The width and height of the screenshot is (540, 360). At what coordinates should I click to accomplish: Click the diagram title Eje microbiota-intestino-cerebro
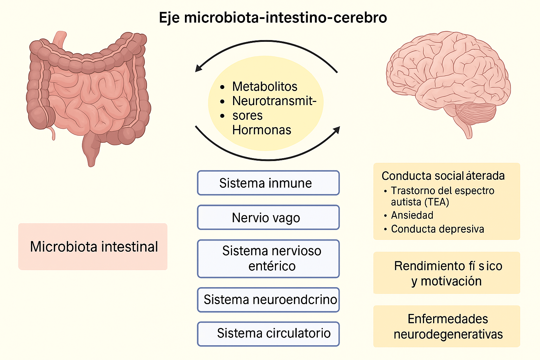273,18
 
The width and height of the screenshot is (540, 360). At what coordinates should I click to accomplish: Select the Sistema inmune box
268,183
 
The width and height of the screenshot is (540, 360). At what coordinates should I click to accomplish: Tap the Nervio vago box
268,218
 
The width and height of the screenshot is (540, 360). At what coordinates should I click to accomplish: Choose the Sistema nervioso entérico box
268,259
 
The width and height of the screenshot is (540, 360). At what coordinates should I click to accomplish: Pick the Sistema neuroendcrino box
268,300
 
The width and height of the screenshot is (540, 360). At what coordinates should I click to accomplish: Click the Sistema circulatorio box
268,334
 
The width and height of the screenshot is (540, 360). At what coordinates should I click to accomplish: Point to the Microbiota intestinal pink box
93,246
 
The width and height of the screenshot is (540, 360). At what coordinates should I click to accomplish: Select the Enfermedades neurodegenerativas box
446,326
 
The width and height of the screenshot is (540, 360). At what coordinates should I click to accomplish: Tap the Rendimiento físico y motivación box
446,273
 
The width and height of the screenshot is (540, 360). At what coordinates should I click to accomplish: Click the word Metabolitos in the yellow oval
264,86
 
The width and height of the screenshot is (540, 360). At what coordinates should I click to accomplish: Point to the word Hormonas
262,130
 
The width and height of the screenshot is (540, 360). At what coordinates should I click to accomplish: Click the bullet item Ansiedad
412,215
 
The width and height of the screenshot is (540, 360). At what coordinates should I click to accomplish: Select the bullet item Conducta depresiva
437,229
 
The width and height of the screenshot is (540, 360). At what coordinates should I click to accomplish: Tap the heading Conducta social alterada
443,176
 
